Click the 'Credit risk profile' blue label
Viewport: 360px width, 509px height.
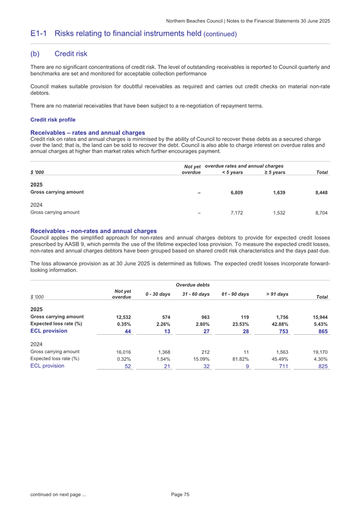coord(53,119)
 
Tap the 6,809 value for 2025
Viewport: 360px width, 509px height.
coord(237,192)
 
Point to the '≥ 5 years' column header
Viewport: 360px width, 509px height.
coord(275,172)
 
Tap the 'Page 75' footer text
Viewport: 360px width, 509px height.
coord(180,495)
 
